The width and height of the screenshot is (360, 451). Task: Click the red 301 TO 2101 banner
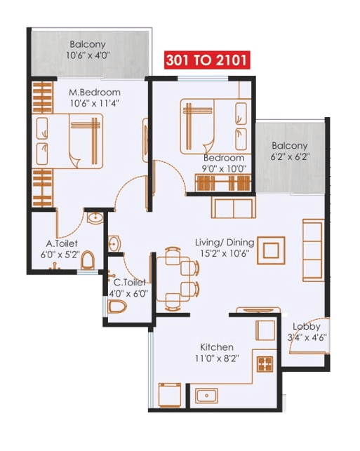tap(206, 60)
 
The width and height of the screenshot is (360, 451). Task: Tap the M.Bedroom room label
tap(95, 93)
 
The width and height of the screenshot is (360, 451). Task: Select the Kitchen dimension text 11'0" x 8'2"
tap(217, 358)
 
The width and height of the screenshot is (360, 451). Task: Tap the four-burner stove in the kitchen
tap(266, 364)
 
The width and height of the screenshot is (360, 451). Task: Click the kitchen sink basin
tap(207, 396)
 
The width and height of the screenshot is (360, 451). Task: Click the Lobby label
tap(307, 327)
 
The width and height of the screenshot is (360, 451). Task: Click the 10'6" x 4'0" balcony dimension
tap(88, 55)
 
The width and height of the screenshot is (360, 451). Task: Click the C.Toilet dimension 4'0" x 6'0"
tap(128, 294)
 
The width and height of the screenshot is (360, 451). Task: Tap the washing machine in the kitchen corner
tap(170, 396)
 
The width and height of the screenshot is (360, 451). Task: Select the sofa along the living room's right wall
tap(312, 248)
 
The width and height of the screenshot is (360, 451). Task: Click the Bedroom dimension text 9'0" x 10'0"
tap(224, 168)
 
